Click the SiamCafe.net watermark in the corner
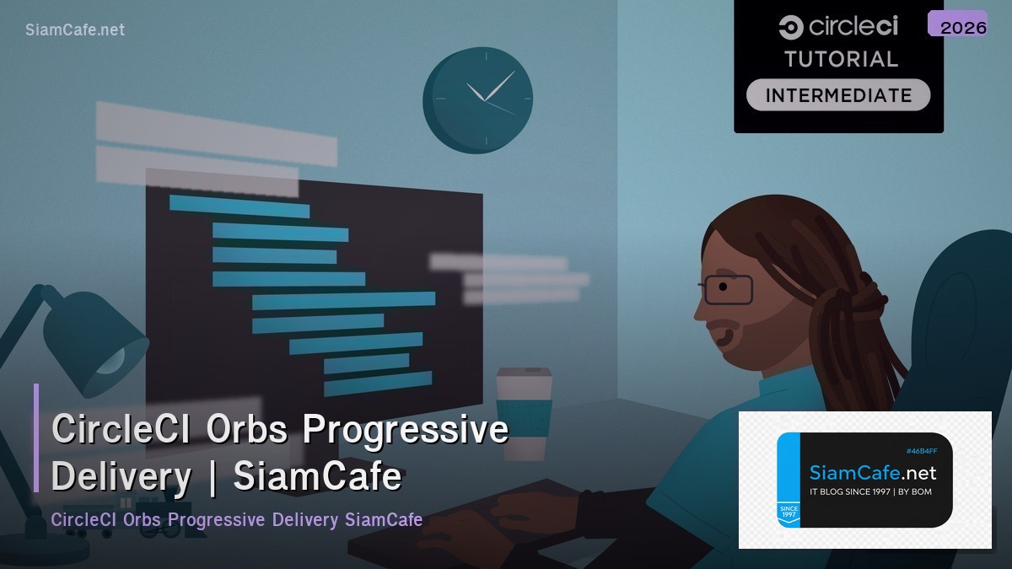coord(75,30)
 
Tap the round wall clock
coord(477,99)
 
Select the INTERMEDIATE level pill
coord(838,95)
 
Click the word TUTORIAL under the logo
coord(841,59)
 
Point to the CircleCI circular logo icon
coord(790,27)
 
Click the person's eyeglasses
coord(726,288)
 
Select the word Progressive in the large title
coord(406,430)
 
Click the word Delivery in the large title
coord(121,477)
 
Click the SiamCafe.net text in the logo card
coord(872,473)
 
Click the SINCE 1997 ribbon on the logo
coord(789,513)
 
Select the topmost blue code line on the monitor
coord(239,206)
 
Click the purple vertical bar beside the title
coord(36,437)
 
